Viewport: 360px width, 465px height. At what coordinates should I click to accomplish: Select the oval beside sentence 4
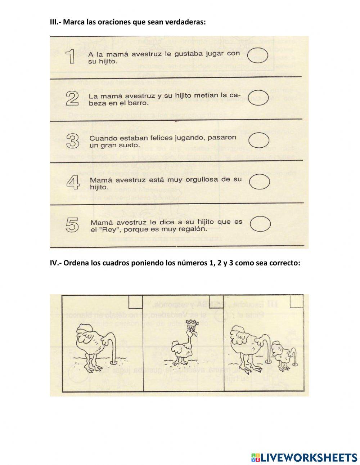pyautogui.click(x=260, y=182)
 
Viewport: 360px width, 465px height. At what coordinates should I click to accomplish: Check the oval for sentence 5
pyautogui.click(x=260, y=223)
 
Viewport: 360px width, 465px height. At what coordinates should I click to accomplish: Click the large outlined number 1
pyautogui.click(x=71, y=57)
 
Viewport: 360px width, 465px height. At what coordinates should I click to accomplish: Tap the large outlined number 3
pyautogui.click(x=73, y=141)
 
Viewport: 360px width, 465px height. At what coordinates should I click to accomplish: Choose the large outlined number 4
pyautogui.click(x=73, y=183)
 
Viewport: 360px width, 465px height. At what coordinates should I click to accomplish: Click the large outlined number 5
pyautogui.click(x=73, y=225)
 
